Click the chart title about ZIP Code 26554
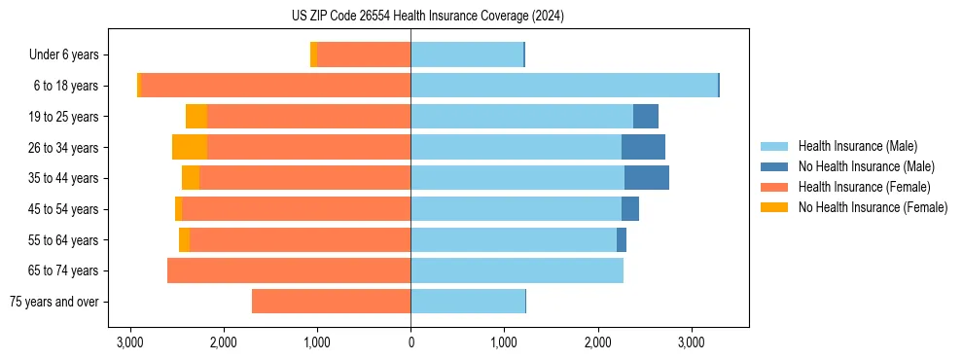(427, 17)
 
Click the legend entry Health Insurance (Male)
(857, 146)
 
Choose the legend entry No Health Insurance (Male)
(866, 166)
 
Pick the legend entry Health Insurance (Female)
(863, 187)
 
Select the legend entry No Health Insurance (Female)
(872, 207)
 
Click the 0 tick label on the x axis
(410, 342)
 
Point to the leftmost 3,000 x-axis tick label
(130, 342)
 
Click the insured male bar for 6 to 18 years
(564, 86)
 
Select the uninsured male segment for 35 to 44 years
(647, 178)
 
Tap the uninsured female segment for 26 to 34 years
(190, 147)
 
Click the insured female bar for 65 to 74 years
(289, 270)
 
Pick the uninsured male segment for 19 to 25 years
(646, 117)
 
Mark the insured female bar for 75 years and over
(331, 302)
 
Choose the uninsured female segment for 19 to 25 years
(196, 117)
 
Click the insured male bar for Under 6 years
(467, 55)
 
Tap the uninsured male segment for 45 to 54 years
(630, 209)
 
